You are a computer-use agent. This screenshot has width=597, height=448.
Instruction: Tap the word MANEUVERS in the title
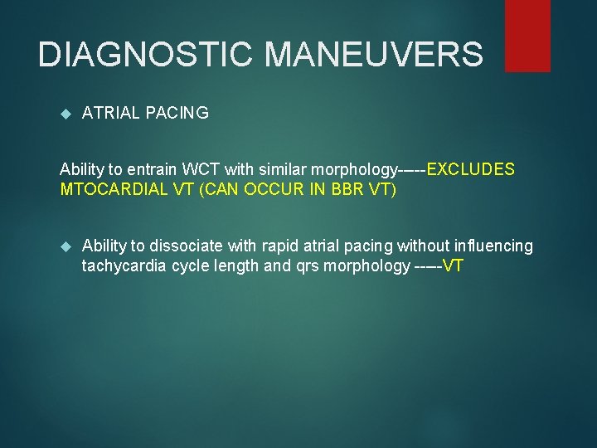click(374, 55)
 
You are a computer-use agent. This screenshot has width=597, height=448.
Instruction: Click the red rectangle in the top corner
click(527, 35)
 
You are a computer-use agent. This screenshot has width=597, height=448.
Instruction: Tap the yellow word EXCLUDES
click(471, 170)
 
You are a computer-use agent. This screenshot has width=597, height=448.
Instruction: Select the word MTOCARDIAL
click(107, 189)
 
